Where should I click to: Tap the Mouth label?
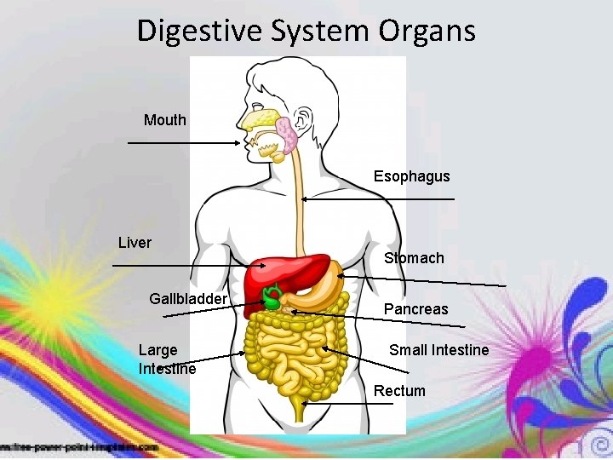[164, 120]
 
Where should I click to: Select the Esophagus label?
[411, 176]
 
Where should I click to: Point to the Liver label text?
[135, 243]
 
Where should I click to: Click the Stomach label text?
[414, 258]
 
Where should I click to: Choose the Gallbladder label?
[188, 299]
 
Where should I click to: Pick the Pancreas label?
[415, 309]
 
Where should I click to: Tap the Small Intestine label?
[438, 350]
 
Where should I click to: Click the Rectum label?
[399, 391]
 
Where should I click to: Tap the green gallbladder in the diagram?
[272, 299]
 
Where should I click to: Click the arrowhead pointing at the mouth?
[238, 144]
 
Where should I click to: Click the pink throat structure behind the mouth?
[287, 136]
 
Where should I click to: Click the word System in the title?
[320, 32]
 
